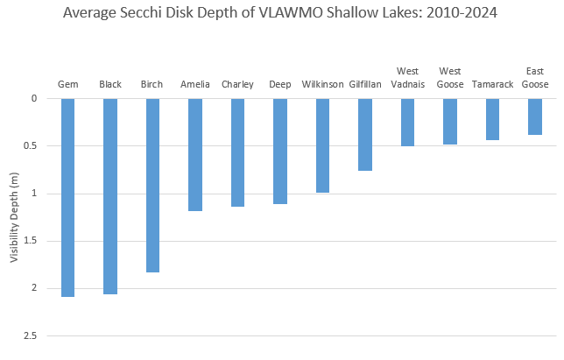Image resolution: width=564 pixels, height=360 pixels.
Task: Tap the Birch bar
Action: point(152,185)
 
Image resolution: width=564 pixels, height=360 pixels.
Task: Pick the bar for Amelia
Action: point(195,154)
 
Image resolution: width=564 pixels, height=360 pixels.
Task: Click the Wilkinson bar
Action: point(322,145)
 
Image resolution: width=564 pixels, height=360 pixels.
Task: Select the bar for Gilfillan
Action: point(365,134)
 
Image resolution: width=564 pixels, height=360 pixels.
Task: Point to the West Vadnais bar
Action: point(407,122)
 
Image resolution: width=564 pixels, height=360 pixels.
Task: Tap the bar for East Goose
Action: point(535,116)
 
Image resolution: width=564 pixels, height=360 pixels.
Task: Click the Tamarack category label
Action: point(492,85)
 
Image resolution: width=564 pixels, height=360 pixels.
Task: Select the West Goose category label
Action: point(450,78)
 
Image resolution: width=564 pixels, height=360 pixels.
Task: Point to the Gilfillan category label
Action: point(365,85)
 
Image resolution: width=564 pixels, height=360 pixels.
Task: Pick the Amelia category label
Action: point(195,85)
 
